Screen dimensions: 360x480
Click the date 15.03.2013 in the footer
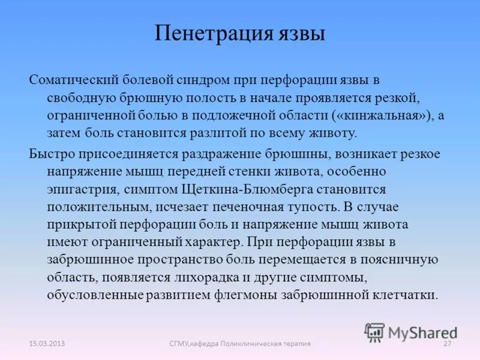pyautogui.click(x=47, y=343)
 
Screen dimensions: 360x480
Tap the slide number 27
pyautogui.click(x=446, y=343)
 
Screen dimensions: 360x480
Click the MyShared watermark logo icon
pyautogui.click(x=375, y=332)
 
